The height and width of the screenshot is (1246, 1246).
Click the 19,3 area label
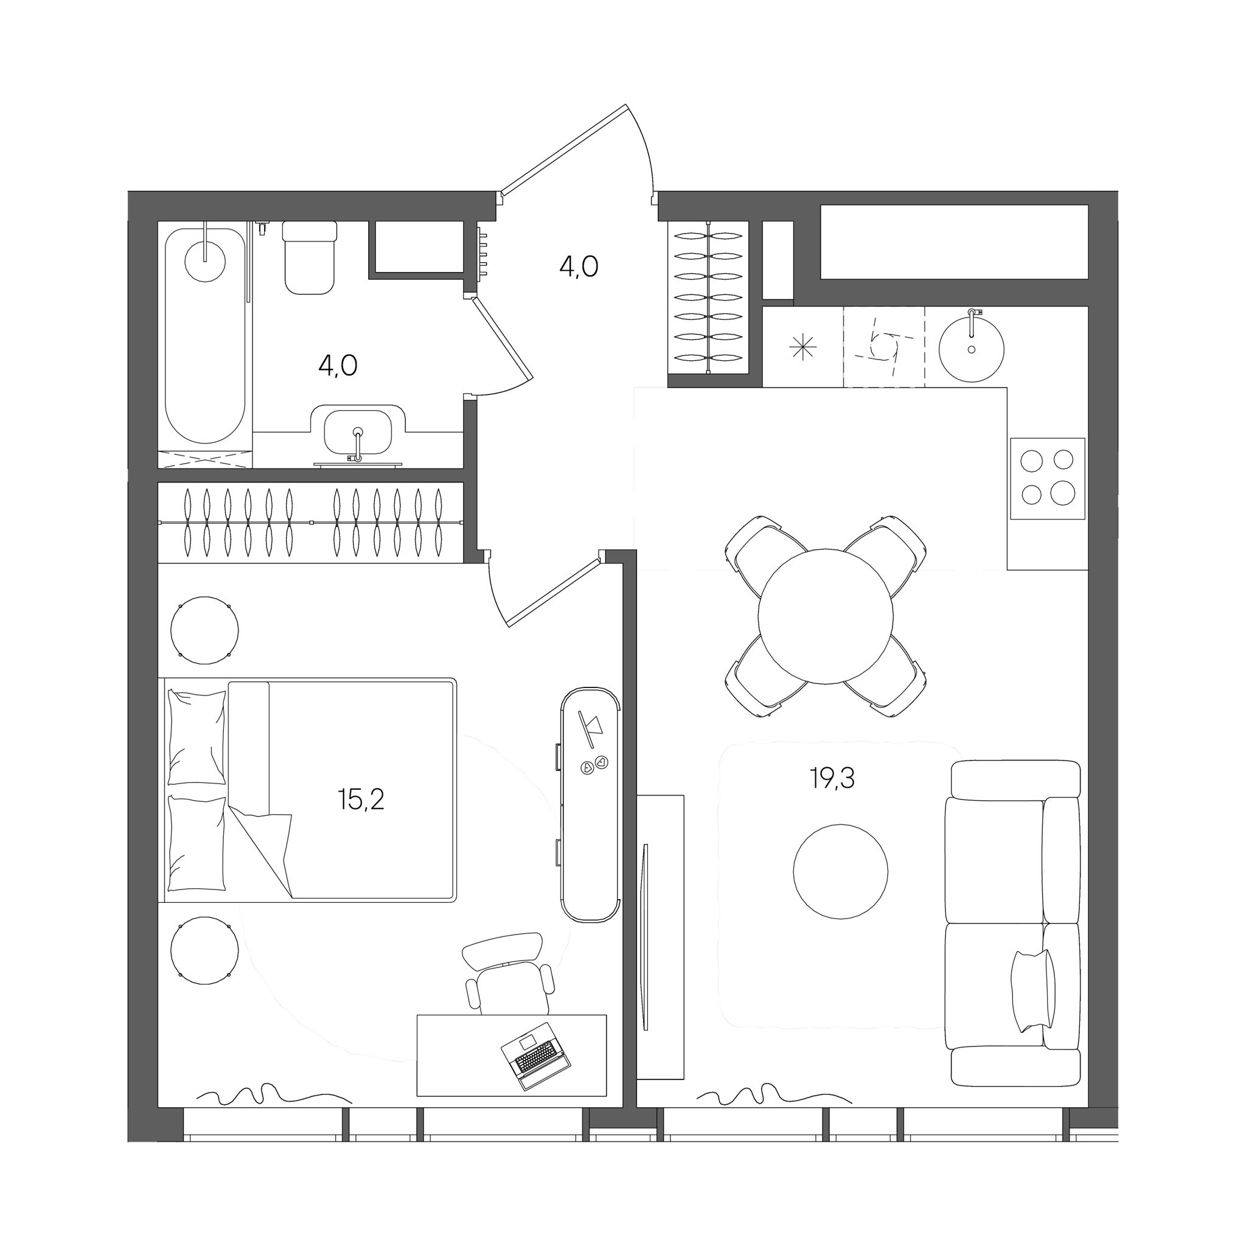(833, 780)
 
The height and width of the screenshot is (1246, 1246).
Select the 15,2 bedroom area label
(361, 801)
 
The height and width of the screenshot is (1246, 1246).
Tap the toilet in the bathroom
(310, 257)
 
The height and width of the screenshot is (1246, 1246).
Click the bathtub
(205, 335)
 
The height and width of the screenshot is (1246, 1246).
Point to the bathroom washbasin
(357, 433)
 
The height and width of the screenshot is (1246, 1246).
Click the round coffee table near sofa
(840, 871)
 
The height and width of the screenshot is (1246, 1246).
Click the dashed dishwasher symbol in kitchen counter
(883, 347)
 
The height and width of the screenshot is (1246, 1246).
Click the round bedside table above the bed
(204, 630)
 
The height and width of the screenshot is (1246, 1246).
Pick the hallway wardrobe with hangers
(708, 298)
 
